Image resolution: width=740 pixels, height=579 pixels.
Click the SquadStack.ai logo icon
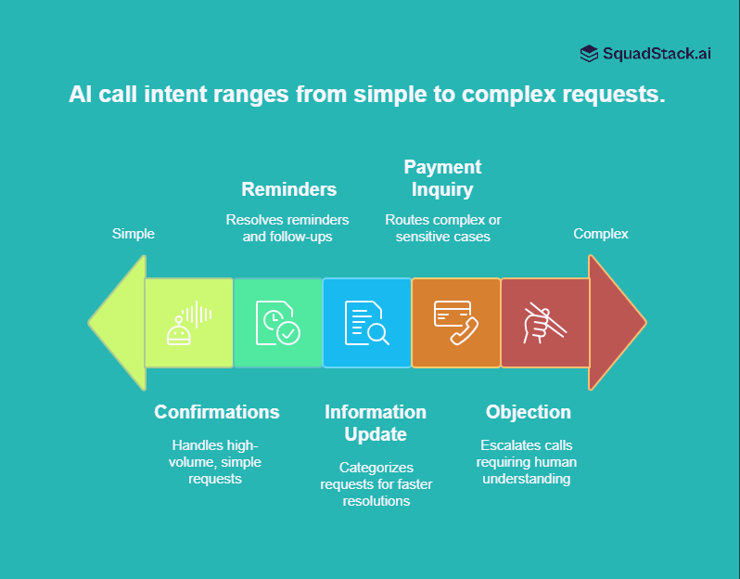(x=589, y=54)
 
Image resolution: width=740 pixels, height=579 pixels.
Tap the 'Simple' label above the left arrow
(x=134, y=234)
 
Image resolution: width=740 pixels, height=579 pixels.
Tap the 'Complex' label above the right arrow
(x=600, y=234)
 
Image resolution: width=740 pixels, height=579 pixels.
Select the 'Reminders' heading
(x=288, y=189)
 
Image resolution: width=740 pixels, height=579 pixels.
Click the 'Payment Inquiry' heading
(x=442, y=178)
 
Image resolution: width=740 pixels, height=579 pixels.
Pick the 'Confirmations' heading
(x=217, y=412)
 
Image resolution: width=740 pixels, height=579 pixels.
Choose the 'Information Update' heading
(x=376, y=423)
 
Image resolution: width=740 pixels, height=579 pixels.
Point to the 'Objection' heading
(x=529, y=412)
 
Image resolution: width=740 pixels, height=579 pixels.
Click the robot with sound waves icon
(x=189, y=323)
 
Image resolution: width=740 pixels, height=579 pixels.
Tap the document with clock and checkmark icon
(x=277, y=323)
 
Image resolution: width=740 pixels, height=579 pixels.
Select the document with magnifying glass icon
(x=366, y=323)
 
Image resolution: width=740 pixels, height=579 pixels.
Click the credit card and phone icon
(x=455, y=323)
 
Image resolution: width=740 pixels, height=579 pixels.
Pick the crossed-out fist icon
(x=544, y=323)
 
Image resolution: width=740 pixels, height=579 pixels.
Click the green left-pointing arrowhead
(x=119, y=323)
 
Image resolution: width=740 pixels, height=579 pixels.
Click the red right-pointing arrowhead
(x=616, y=323)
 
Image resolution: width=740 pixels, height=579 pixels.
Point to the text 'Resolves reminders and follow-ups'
(x=287, y=228)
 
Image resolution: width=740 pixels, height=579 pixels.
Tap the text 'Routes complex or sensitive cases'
(x=442, y=228)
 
